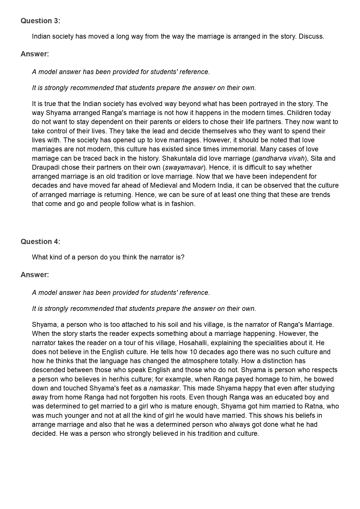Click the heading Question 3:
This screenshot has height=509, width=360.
point(40,21)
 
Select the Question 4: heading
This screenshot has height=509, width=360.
point(40,242)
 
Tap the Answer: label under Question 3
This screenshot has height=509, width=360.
point(35,54)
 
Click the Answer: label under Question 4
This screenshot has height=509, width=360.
point(35,275)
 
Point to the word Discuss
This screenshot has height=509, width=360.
point(311,37)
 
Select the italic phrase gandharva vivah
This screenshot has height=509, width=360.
point(280,158)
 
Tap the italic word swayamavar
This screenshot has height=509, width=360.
point(184,167)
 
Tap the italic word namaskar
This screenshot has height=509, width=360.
point(164,388)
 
